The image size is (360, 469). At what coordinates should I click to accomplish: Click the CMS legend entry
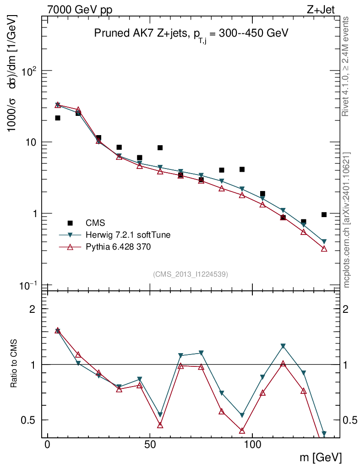point(95,223)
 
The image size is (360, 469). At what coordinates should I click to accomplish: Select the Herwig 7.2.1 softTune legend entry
point(128,235)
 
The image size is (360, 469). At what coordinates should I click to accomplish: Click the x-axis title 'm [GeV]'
point(321,457)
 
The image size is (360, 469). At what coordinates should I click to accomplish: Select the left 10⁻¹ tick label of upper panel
point(29,285)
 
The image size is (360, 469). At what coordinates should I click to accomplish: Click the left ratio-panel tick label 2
point(33,309)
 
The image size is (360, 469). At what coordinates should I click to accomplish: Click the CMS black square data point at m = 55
point(160,147)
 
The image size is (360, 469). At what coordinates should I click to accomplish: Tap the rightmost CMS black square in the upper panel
point(324,214)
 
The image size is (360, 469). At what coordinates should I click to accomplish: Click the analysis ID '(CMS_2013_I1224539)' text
point(191,274)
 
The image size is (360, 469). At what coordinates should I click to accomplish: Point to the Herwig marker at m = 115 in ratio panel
point(283,346)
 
